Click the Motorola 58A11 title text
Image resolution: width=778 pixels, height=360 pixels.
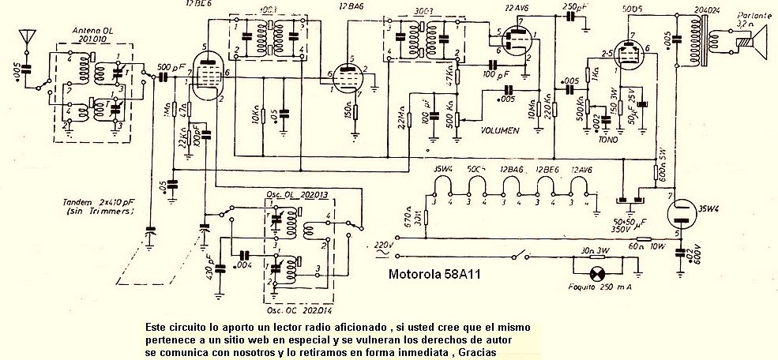tap(435, 276)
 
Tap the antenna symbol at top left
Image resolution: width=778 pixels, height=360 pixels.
tap(28, 37)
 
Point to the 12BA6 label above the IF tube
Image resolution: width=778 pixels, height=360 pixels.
tap(351, 6)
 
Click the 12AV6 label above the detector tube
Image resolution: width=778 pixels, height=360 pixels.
tap(516, 8)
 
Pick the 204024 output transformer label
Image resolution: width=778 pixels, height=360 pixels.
tap(706, 8)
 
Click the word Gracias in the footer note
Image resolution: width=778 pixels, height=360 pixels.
tap(479, 352)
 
